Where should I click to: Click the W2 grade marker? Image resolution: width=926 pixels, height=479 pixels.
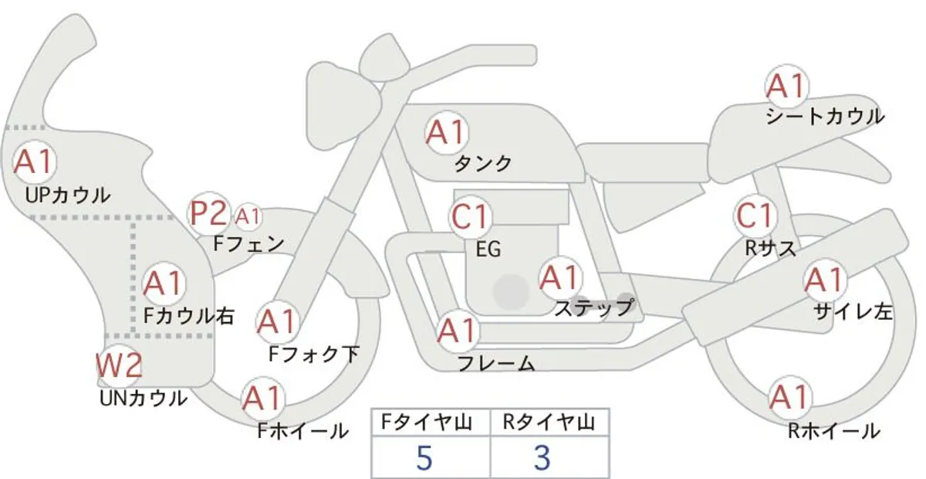119,365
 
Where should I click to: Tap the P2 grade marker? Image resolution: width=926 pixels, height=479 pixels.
209,213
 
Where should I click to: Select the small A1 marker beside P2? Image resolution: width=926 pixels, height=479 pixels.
248,216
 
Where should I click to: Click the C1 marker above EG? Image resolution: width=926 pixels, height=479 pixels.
470,216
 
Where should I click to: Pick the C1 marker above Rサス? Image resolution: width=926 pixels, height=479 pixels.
755,216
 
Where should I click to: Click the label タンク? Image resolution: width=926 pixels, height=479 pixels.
483,164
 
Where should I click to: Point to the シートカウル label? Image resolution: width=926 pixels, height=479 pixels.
825,117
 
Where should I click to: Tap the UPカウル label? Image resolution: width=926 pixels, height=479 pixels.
68,195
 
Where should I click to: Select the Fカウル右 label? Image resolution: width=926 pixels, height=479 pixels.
189,316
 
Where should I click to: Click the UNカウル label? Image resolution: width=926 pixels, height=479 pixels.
144,399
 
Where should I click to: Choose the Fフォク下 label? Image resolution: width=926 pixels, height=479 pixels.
314,355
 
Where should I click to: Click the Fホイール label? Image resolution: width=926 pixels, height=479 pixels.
303,431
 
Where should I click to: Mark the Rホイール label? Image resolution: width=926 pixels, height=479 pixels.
834,431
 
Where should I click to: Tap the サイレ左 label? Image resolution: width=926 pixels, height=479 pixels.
853,312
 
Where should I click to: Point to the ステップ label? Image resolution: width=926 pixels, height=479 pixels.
593,308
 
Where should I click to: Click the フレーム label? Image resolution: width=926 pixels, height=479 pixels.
496,363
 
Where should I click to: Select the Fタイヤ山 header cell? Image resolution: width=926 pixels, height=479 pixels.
427,423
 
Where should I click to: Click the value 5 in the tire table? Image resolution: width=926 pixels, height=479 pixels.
424,458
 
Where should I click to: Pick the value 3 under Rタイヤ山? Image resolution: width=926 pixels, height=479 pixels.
542,458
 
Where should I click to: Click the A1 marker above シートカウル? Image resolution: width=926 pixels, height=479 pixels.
786,86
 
